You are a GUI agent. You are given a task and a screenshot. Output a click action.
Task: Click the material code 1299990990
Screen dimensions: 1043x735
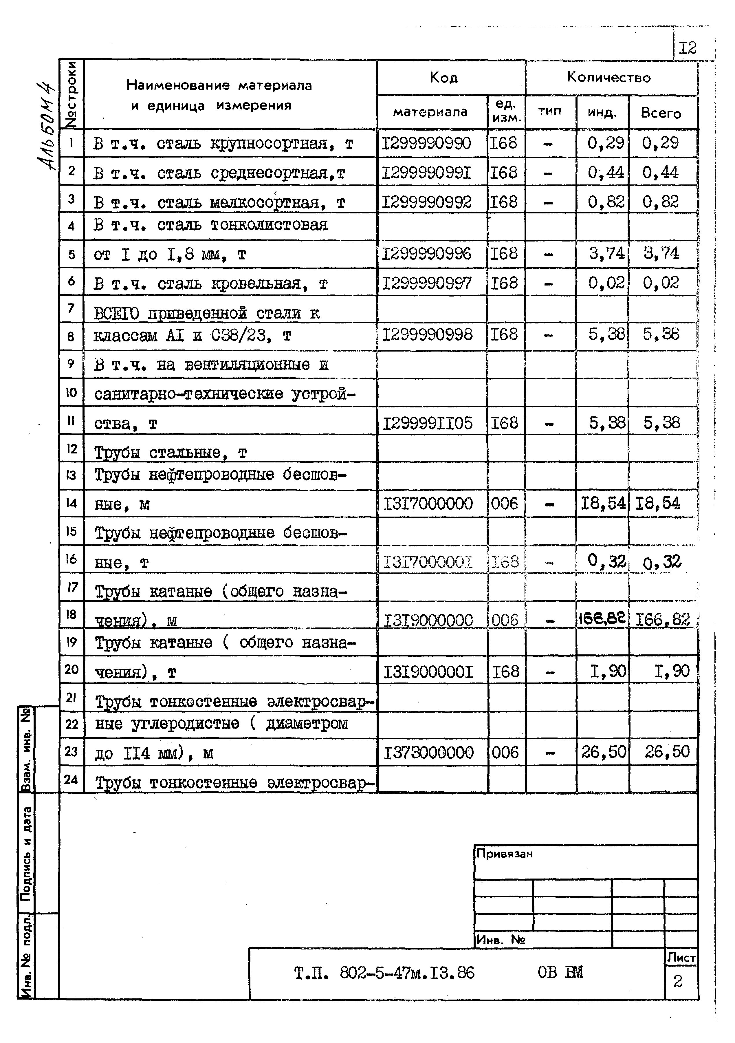[x=426, y=144]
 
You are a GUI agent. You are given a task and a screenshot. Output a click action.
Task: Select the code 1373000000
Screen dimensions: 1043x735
[x=428, y=753]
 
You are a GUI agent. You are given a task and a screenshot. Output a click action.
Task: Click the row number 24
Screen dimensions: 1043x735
[x=71, y=779]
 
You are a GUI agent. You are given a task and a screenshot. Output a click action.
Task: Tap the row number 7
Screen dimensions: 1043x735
[x=71, y=308]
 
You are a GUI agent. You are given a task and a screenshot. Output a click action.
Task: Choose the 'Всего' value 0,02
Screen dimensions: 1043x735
[x=661, y=283]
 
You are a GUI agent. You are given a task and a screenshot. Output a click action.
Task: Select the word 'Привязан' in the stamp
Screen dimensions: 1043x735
[x=504, y=854]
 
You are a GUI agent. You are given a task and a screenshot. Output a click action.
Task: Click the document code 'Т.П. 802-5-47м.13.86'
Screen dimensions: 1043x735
[x=384, y=973]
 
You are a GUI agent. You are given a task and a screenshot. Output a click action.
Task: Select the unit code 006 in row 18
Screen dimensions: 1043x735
[x=505, y=620]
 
